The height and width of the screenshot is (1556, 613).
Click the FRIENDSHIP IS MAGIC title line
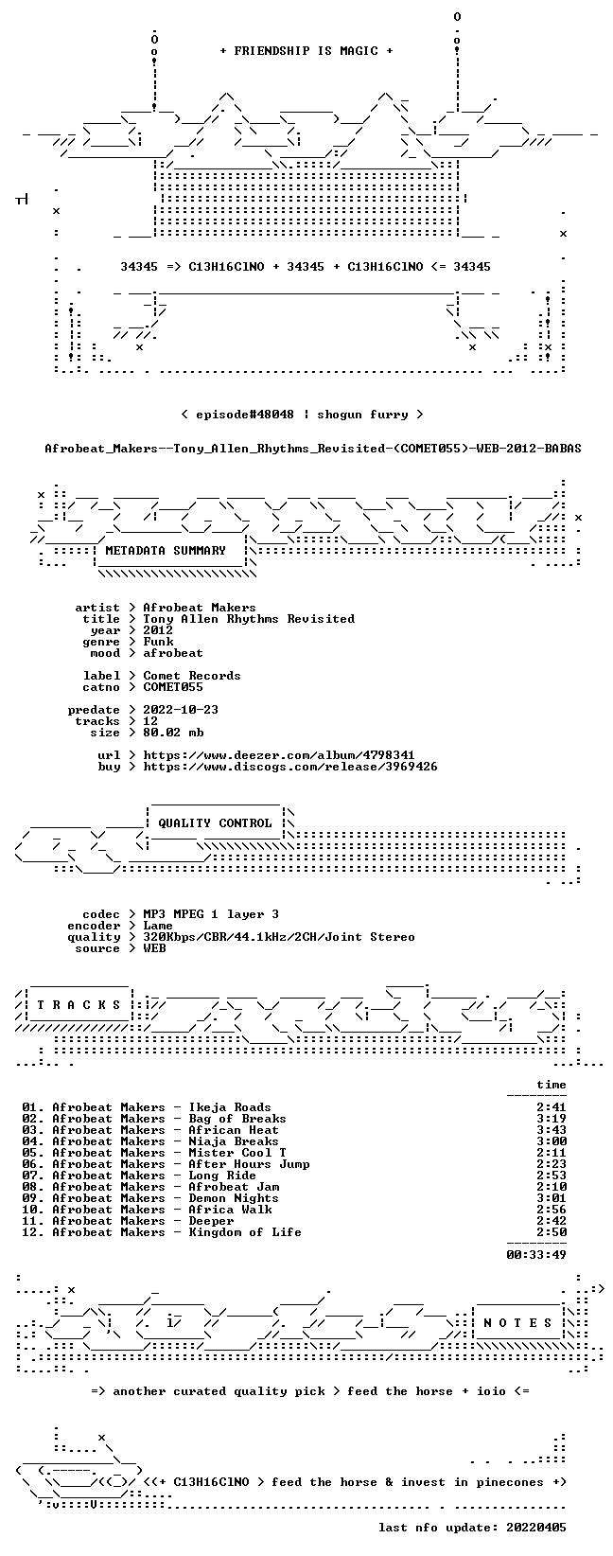point(306,51)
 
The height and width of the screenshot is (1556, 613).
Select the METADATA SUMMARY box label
point(166,551)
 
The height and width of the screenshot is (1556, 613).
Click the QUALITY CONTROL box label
point(215,823)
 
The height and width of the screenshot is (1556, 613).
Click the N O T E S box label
point(517,1322)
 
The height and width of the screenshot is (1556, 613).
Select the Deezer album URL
point(279,755)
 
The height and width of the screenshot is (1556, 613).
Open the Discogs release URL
point(290,767)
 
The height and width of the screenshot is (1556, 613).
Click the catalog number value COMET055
point(173,687)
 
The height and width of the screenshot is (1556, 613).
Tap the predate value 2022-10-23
point(181,710)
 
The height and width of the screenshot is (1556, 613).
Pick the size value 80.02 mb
point(173,733)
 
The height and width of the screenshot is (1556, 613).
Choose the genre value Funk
point(158,642)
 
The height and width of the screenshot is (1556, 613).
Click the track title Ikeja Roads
point(230,1107)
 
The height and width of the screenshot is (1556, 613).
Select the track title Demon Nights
point(234,1198)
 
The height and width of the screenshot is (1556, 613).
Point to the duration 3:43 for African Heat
point(552,1130)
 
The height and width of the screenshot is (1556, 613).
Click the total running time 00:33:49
point(536,1254)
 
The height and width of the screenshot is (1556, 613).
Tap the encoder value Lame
point(158,926)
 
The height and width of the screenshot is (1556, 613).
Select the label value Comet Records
point(192,676)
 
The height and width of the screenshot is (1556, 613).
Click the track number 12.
point(30,1232)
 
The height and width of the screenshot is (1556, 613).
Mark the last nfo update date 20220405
point(536,1528)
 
